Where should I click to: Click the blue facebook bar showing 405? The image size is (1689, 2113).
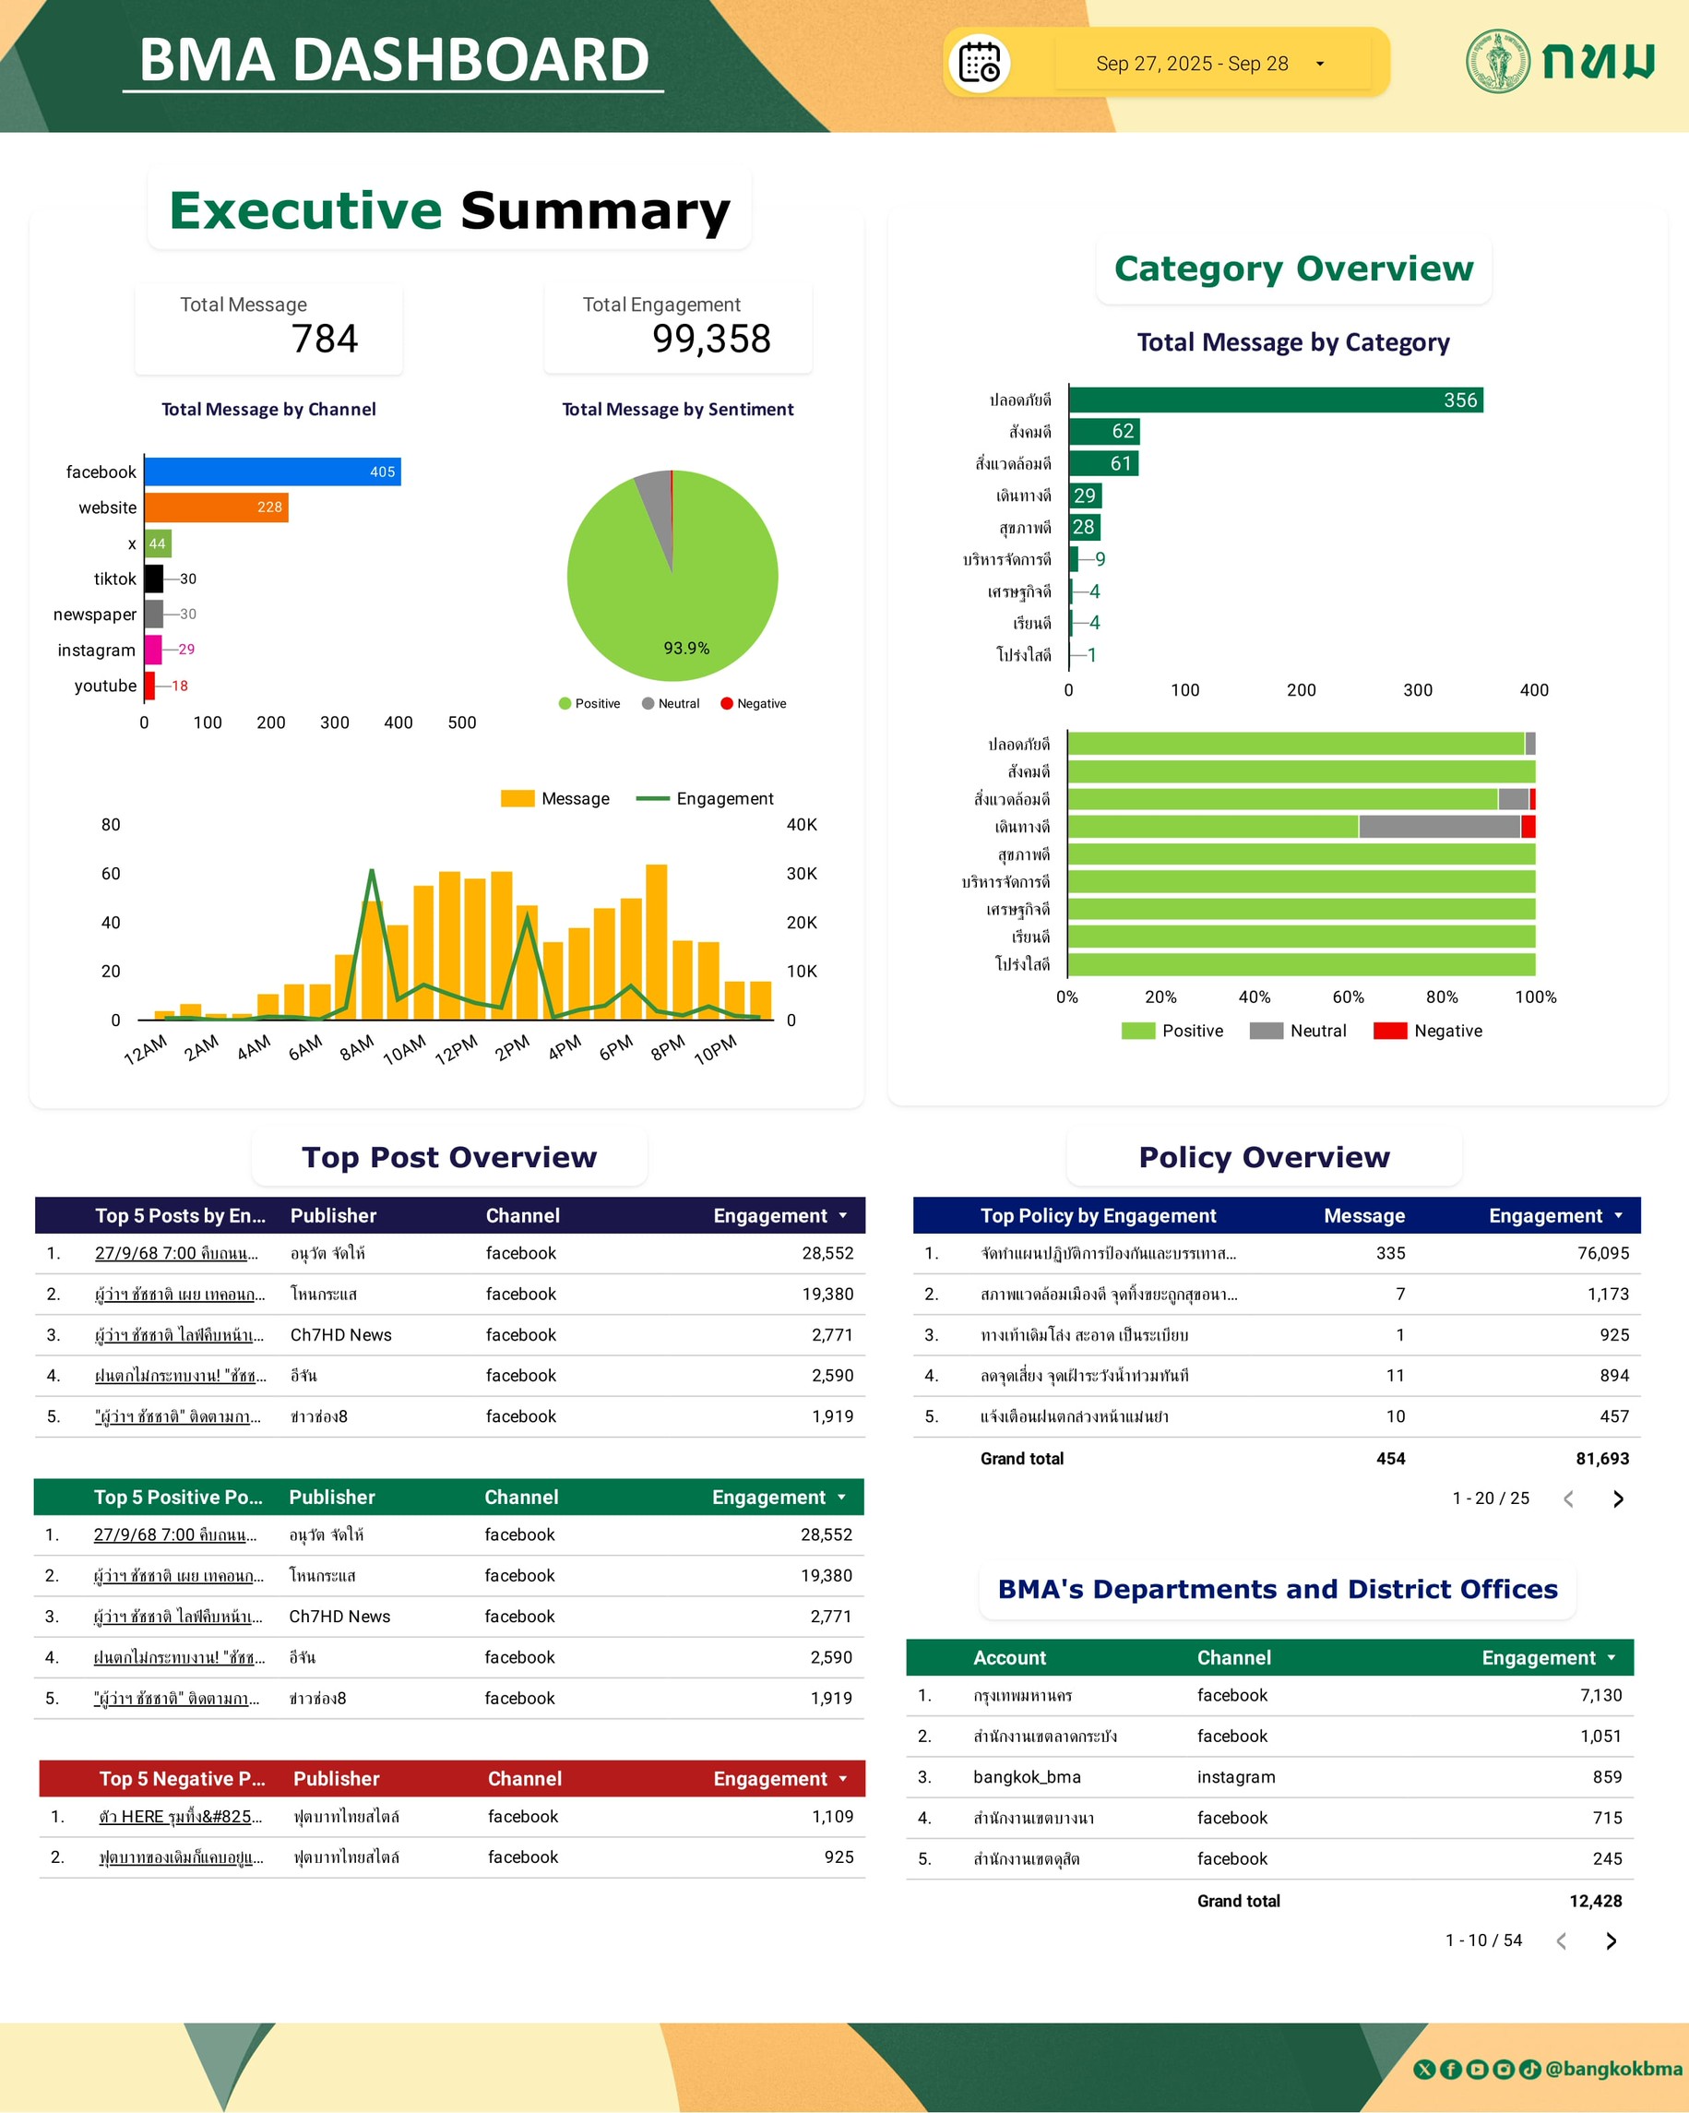pyautogui.click(x=271, y=472)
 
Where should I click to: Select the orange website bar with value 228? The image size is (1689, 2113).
pyautogui.click(x=216, y=507)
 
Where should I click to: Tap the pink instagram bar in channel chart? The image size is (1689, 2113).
pyautogui.click(x=153, y=650)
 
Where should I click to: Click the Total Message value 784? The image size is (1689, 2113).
pyautogui.click(x=325, y=340)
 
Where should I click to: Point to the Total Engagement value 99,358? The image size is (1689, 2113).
pyautogui.click(x=711, y=340)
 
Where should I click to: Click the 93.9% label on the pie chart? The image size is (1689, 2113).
pyautogui.click(x=685, y=648)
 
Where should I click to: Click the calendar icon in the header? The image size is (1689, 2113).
pyautogui.click(x=979, y=64)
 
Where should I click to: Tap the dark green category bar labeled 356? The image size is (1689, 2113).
pyautogui.click(x=1275, y=400)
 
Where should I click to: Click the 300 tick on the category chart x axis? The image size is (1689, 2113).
pyautogui.click(x=1417, y=690)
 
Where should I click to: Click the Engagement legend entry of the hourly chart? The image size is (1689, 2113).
pyautogui.click(x=706, y=799)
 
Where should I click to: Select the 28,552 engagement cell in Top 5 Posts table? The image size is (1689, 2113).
pyautogui.click(x=827, y=1253)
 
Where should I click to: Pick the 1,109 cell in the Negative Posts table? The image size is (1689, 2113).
pyautogui.click(x=832, y=1817)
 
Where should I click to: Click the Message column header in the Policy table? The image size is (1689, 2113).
pyautogui.click(x=1363, y=1216)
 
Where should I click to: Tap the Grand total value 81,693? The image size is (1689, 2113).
pyautogui.click(x=1600, y=1458)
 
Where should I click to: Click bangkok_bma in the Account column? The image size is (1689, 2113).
pyautogui.click(x=1027, y=1777)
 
